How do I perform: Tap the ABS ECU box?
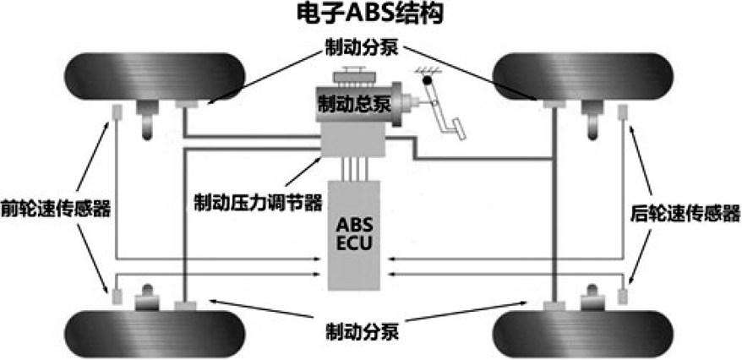(354, 235)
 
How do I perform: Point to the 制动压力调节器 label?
(258, 203)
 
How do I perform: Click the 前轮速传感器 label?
(56, 208)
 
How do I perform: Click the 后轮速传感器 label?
(685, 214)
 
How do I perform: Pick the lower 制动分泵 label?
(362, 333)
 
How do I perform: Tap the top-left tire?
(155, 76)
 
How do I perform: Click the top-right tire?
(582, 76)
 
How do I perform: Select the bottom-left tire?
(155, 334)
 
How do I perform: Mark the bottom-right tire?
(582, 334)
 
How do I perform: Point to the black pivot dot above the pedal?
(428, 80)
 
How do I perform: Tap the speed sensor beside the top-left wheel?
(117, 112)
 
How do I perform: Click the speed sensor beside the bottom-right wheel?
(624, 296)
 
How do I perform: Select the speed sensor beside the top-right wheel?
(624, 112)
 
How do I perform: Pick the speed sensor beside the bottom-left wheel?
(117, 296)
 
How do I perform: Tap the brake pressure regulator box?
(353, 140)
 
